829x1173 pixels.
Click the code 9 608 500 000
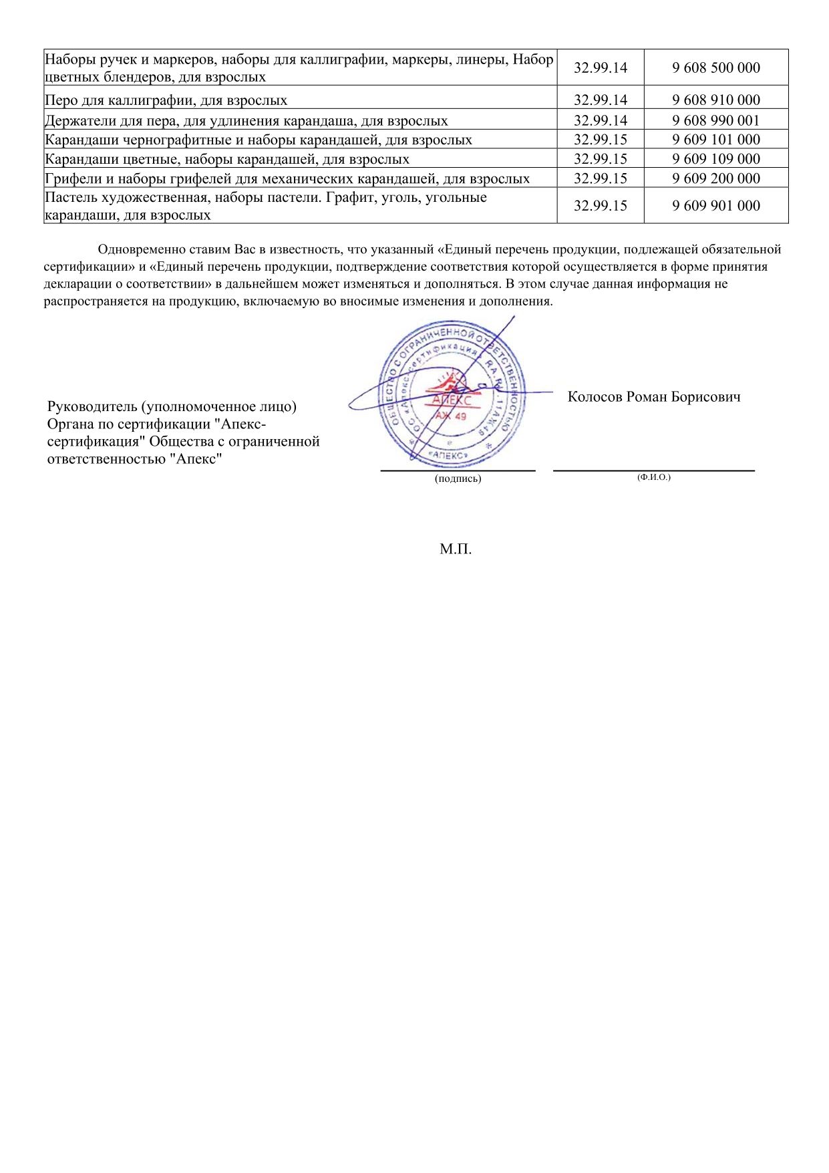pos(716,68)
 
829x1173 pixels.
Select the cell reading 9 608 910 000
pos(716,100)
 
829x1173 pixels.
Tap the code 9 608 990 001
pos(716,120)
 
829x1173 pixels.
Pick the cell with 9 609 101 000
pos(716,140)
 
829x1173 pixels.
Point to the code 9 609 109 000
pos(716,159)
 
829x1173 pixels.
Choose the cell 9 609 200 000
pos(716,178)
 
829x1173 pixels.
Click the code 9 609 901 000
pos(716,206)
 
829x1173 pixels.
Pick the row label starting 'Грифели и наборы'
pos(287,179)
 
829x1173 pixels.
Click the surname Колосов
pos(595,397)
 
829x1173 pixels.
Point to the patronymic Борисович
pos(706,397)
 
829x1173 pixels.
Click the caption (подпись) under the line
pos(458,479)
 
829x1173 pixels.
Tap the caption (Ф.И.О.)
pos(654,477)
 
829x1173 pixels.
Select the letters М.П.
pos(456,549)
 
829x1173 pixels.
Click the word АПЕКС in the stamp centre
pos(452,400)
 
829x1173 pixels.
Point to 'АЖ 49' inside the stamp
pos(452,416)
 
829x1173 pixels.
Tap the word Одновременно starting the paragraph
pos(138,250)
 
